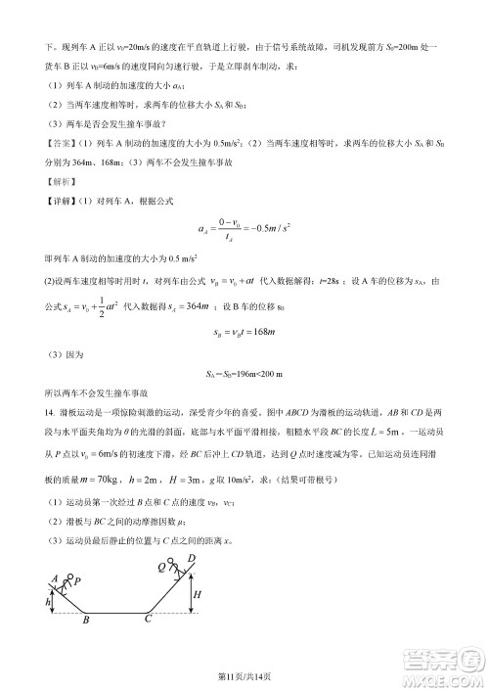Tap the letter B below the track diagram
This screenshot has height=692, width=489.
click(x=85, y=620)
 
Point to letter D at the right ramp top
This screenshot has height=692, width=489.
click(x=191, y=557)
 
